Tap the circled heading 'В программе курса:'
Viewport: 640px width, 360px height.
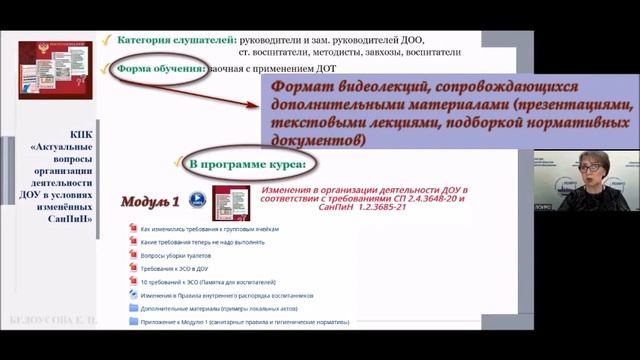click(254, 162)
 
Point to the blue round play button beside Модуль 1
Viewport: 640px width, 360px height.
click(198, 200)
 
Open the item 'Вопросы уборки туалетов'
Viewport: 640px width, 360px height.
click(181, 255)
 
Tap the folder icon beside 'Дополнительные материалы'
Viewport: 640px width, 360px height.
click(133, 308)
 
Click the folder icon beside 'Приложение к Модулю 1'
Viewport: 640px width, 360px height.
click(133, 322)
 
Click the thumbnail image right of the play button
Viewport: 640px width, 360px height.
click(222, 202)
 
